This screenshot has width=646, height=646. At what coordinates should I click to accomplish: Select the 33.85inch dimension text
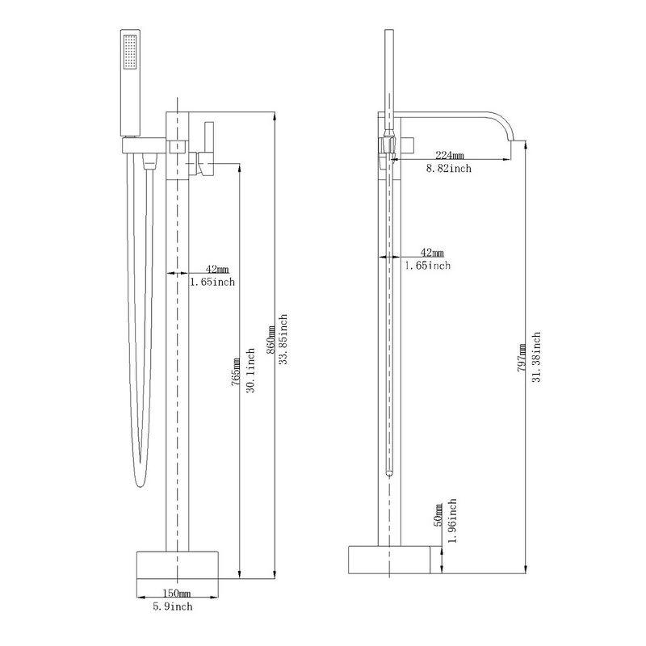283,340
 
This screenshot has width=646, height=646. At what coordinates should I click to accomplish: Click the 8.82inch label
449,169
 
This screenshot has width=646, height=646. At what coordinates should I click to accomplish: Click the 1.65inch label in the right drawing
428,266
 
